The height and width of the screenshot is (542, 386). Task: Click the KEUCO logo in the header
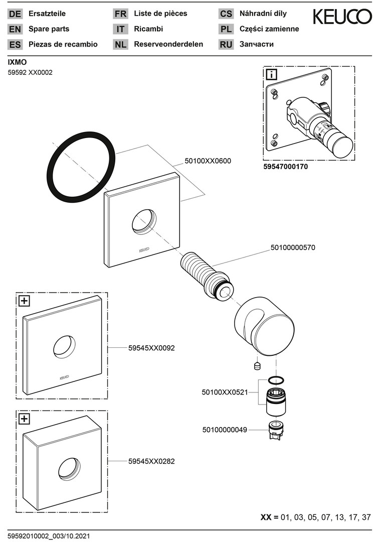pyautogui.click(x=342, y=17)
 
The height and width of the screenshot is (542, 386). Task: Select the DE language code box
pyautogui.click(x=15, y=14)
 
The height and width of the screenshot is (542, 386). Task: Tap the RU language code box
pyautogui.click(x=226, y=44)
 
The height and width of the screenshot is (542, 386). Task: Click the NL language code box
pyautogui.click(x=120, y=44)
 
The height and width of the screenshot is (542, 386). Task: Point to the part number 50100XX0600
pyautogui.click(x=208, y=161)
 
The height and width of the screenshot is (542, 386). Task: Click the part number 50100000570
pyautogui.click(x=293, y=247)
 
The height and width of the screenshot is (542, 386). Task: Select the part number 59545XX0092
pyautogui.click(x=151, y=347)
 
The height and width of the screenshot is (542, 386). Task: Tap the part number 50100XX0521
pyautogui.click(x=225, y=392)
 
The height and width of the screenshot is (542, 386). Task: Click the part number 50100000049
pyautogui.click(x=225, y=430)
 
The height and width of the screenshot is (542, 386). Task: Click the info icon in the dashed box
pyautogui.click(x=271, y=75)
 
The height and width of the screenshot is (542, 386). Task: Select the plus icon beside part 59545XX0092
pyautogui.click(x=24, y=301)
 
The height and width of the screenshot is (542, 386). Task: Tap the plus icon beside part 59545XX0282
pyautogui.click(x=24, y=419)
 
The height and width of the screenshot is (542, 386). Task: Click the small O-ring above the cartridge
pyautogui.click(x=276, y=379)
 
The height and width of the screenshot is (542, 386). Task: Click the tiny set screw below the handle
pyautogui.click(x=258, y=365)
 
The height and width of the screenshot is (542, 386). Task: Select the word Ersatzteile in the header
pyautogui.click(x=47, y=14)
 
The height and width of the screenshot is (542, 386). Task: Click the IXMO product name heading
pyautogui.click(x=17, y=62)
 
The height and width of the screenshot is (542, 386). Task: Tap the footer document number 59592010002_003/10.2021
pyautogui.click(x=49, y=536)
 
